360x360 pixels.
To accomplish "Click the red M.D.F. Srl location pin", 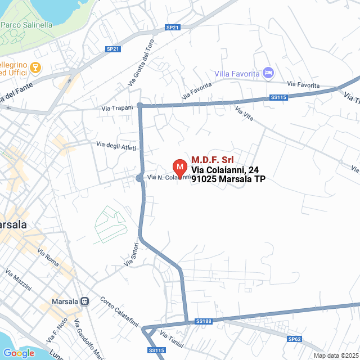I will click(x=179, y=168).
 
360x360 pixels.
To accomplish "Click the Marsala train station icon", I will click(x=85, y=301).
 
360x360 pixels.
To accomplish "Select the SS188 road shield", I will click(x=203, y=321).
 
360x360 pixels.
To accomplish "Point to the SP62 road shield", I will click(x=295, y=339).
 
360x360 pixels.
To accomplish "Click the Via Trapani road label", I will click(x=117, y=107).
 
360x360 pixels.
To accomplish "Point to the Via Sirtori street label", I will click(x=130, y=254).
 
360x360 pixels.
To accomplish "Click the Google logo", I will click(x=19, y=353).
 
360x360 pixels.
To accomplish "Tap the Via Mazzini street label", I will click(x=18, y=280).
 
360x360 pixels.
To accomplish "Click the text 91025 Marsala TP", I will click(x=228, y=179).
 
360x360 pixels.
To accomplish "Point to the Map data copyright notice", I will click(x=336, y=355).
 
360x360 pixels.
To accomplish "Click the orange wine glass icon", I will click(x=36, y=68).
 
